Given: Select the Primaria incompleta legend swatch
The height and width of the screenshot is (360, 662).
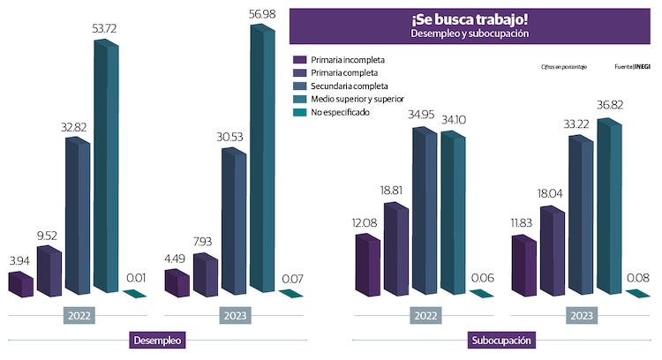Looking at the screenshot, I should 299,60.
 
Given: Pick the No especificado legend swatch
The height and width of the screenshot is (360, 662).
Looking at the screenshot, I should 299,113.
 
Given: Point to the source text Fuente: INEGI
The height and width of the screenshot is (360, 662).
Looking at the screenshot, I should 632,67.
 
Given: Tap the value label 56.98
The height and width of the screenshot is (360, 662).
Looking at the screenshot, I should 261,12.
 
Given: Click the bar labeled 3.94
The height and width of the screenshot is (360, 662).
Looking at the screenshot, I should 20,284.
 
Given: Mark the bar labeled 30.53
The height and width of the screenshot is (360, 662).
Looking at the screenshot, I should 234,221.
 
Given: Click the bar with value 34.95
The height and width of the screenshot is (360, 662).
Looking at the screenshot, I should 425,212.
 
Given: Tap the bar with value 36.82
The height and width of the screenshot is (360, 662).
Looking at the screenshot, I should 610,207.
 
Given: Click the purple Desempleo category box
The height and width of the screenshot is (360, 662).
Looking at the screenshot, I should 158,340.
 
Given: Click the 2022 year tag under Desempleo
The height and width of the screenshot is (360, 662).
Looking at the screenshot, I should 79,315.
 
